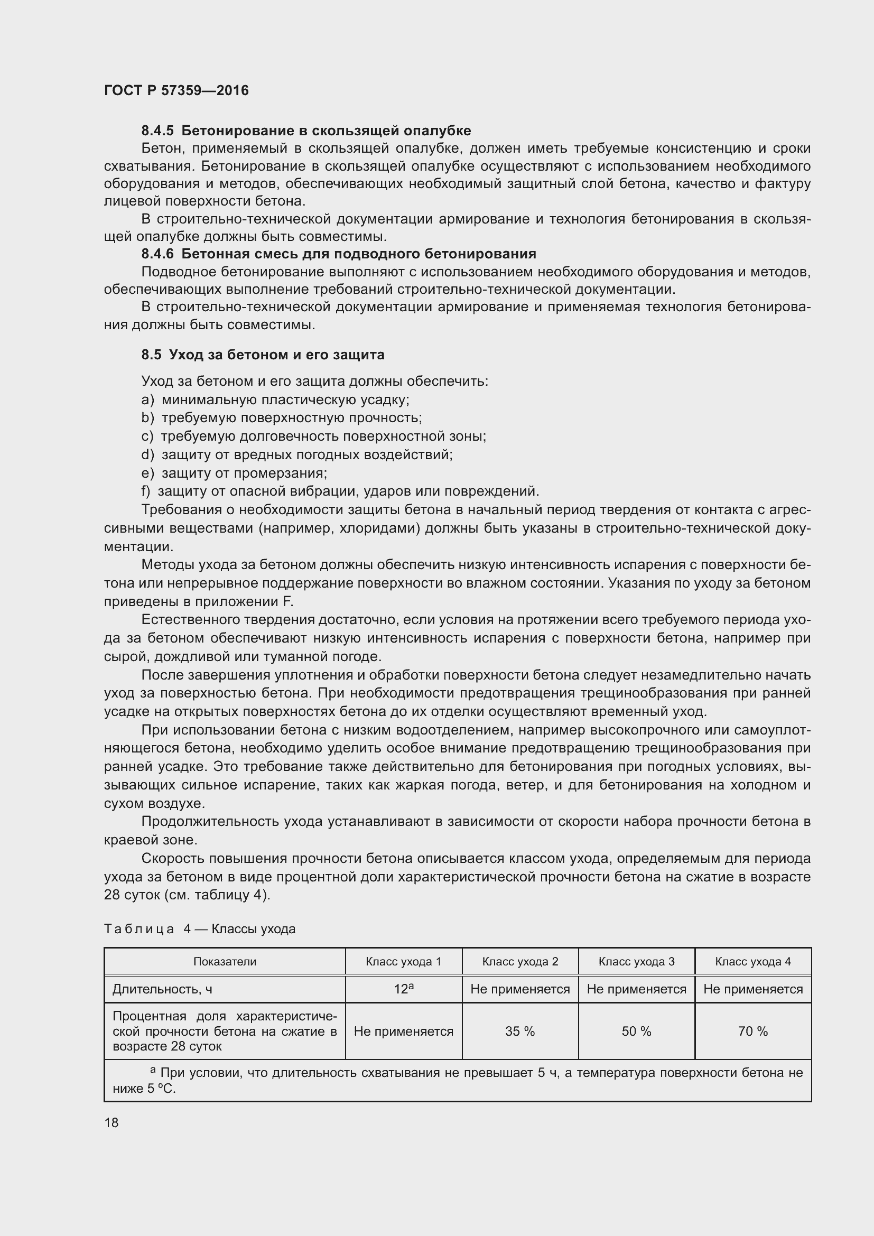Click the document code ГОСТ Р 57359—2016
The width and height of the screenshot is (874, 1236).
coord(176,90)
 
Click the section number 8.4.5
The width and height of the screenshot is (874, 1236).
coord(157,131)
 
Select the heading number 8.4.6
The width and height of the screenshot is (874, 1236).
coord(157,254)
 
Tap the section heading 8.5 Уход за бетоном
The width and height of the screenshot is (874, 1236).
coord(263,355)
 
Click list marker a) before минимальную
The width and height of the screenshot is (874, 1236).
coord(147,400)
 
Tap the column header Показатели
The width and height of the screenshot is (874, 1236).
coord(225,962)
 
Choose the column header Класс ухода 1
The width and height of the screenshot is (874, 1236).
coord(403,962)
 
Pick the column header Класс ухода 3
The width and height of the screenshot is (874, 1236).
coord(636,962)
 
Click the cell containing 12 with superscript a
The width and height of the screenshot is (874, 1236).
coord(403,989)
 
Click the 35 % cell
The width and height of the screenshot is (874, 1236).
coord(519,1031)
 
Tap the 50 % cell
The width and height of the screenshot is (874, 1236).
coord(636,1031)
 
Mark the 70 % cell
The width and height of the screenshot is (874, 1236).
coord(752,1031)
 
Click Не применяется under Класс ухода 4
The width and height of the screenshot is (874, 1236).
coord(752,989)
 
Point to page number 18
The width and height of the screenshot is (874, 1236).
coord(111,1123)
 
